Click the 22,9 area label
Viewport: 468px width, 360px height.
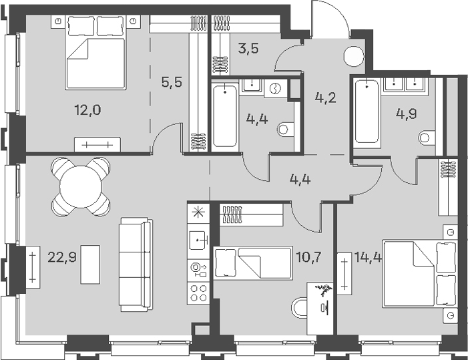pyautogui.click(x=62, y=257)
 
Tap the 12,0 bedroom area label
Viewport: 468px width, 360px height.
pyautogui.click(x=87, y=110)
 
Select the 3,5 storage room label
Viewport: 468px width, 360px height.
pyautogui.click(x=248, y=48)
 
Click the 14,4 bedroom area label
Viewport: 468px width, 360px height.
pyautogui.click(x=368, y=256)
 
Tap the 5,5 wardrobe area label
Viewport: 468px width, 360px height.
pyautogui.click(x=172, y=81)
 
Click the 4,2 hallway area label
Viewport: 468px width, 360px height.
pyautogui.click(x=326, y=98)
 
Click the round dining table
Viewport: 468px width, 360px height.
pyautogui.click(x=81, y=186)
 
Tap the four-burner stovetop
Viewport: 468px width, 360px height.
pyautogui.click(x=199, y=293)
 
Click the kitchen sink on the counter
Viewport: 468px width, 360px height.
pyautogui.click(x=198, y=240)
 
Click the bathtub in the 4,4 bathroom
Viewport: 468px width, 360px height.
pyautogui.click(x=225, y=116)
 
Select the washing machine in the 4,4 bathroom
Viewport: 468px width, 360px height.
pyautogui.click(x=275, y=88)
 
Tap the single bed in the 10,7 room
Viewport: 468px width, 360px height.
pyautogui.click(x=252, y=263)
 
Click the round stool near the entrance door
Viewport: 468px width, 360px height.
pyautogui.click(x=354, y=57)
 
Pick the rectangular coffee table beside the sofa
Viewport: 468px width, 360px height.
pyautogui.click(x=90, y=264)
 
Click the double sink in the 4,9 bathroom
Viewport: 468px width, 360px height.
pyautogui.click(x=405, y=84)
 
